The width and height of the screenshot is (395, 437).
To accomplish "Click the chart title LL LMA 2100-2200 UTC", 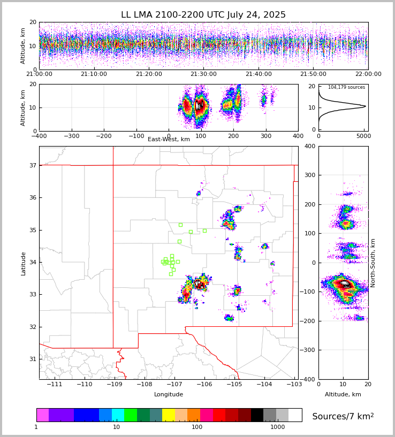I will click(x=203, y=15).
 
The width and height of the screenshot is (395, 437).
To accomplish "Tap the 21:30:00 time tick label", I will click(x=204, y=74).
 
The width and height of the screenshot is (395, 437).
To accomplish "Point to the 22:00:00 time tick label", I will click(x=368, y=74).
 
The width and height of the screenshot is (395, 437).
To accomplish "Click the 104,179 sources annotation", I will click(x=346, y=87).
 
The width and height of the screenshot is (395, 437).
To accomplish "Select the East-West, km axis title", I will click(x=169, y=140).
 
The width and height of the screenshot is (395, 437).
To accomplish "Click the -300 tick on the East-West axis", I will click(x=72, y=136).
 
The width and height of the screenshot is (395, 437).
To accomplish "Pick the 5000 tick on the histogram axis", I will click(x=363, y=136).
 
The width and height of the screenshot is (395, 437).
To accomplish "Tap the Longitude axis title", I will click(x=169, y=395).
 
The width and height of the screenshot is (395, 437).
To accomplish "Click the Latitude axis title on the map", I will click(x=24, y=263).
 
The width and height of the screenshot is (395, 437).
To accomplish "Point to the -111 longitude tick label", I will click(x=55, y=385).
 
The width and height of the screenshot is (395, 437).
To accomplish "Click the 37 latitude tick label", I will click(x=33, y=165).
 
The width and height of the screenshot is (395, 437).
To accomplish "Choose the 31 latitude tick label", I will click(x=33, y=359).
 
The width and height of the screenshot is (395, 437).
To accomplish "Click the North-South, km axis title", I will click(x=373, y=263).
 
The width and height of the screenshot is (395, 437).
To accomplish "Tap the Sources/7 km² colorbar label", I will click(x=343, y=416).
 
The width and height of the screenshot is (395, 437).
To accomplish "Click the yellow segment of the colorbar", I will click(x=169, y=415).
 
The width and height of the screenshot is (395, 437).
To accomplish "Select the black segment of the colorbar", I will click(x=257, y=415).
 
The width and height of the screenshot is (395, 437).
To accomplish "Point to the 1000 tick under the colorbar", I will click(x=278, y=427).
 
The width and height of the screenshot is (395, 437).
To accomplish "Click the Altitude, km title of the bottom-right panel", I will click(x=343, y=395).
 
